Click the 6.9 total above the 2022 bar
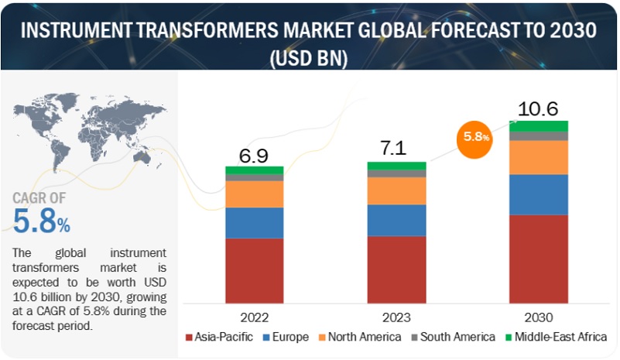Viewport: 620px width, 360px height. pyautogui.click(x=253, y=156)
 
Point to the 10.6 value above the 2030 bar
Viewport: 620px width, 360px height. pyautogui.click(x=537, y=108)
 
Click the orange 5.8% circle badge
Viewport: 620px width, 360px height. pyautogui.click(x=476, y=137)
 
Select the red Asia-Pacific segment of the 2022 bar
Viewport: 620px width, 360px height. pyautogui.click(x=254, y=270)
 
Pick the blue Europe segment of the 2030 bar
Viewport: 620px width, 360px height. pyautogui.click(x=538, y=194)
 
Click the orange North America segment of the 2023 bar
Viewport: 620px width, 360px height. pyautogui.click(x=396, y=190)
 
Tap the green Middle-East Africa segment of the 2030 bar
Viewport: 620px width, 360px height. pyautogui.click(x=538, y=125)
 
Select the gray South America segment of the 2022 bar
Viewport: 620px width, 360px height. pyautogui.click(x=254, y=177)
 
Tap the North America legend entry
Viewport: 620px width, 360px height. pyautogui.click(x=358, y=337)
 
